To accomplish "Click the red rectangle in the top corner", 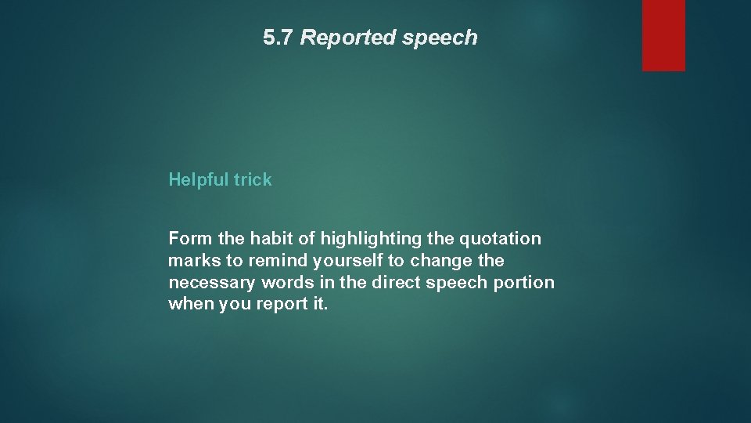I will click(x=663, y=35).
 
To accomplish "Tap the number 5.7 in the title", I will click(x=278, y=38).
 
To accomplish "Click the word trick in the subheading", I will click(x=252, y=179).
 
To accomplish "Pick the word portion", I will click(x=524, y=282).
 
